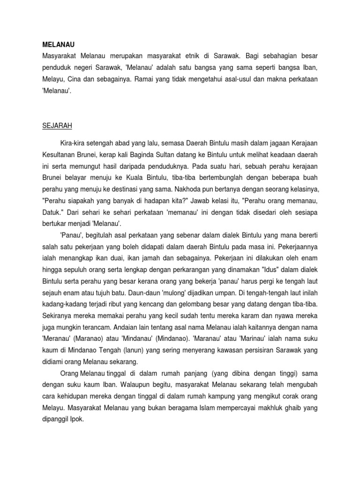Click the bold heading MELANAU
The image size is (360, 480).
[x=55, y=45]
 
